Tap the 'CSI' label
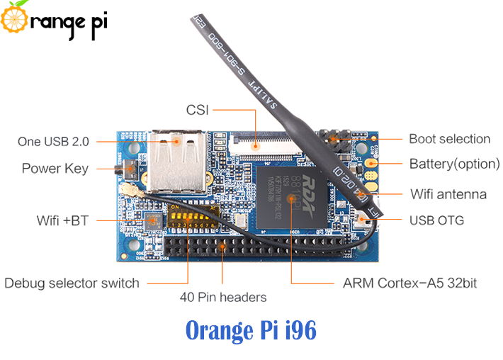click(197, 110)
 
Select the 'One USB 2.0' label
click(53, 141)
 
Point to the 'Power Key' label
click(55, 169)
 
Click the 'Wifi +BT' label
click(62, 220)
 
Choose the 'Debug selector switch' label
click(72, 283)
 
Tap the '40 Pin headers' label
click(224, 297)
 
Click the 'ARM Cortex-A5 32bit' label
click(409, 283)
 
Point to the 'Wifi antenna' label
click(448, 194)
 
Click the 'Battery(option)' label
click(454, 164)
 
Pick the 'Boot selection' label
click(449, 139)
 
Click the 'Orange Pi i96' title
click(251, 331)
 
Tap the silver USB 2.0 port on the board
click(175, 159)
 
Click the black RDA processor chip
click(291, 196)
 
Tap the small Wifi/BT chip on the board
click(152, 221)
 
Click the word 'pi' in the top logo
click(94, 21)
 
